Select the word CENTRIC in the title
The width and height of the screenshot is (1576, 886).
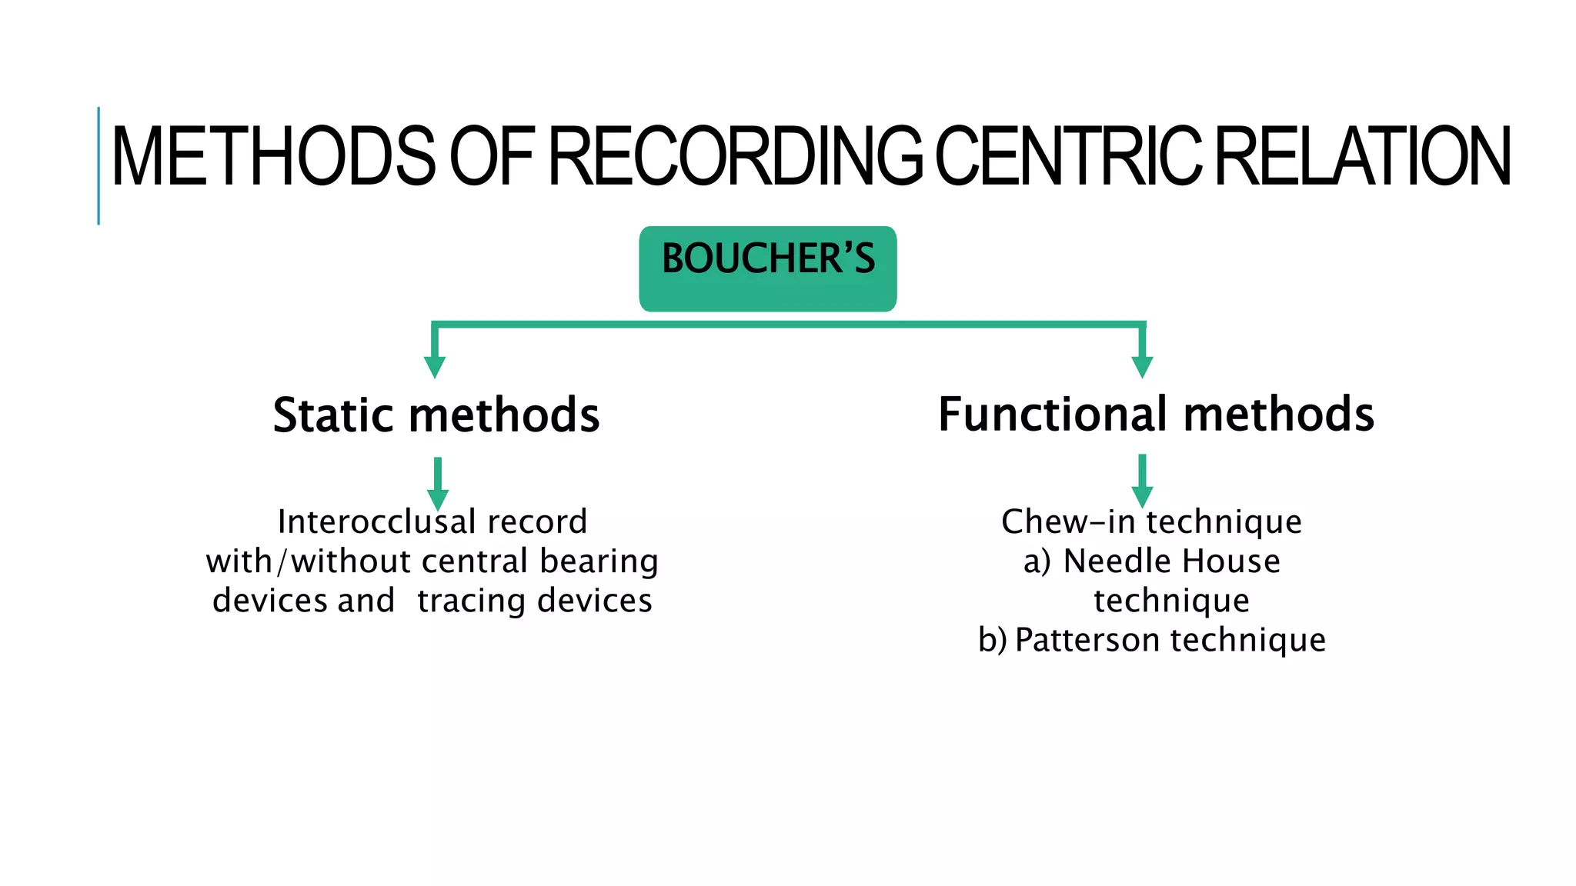[1068, 157]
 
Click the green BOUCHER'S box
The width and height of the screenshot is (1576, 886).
[767, 268]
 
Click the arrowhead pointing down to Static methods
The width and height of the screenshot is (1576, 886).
[435, 367]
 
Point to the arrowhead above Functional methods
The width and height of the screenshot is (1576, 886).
[1143, 367]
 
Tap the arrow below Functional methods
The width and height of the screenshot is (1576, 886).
[1143, 481]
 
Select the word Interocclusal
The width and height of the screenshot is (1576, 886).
[376, 522]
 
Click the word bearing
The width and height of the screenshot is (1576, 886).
[599, 562]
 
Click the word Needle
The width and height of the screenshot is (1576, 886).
[1107, 561]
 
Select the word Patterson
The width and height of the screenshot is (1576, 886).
[1087, 640]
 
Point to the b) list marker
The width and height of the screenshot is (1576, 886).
[992, 640]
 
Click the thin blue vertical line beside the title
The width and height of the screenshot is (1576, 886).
[98, 165]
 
